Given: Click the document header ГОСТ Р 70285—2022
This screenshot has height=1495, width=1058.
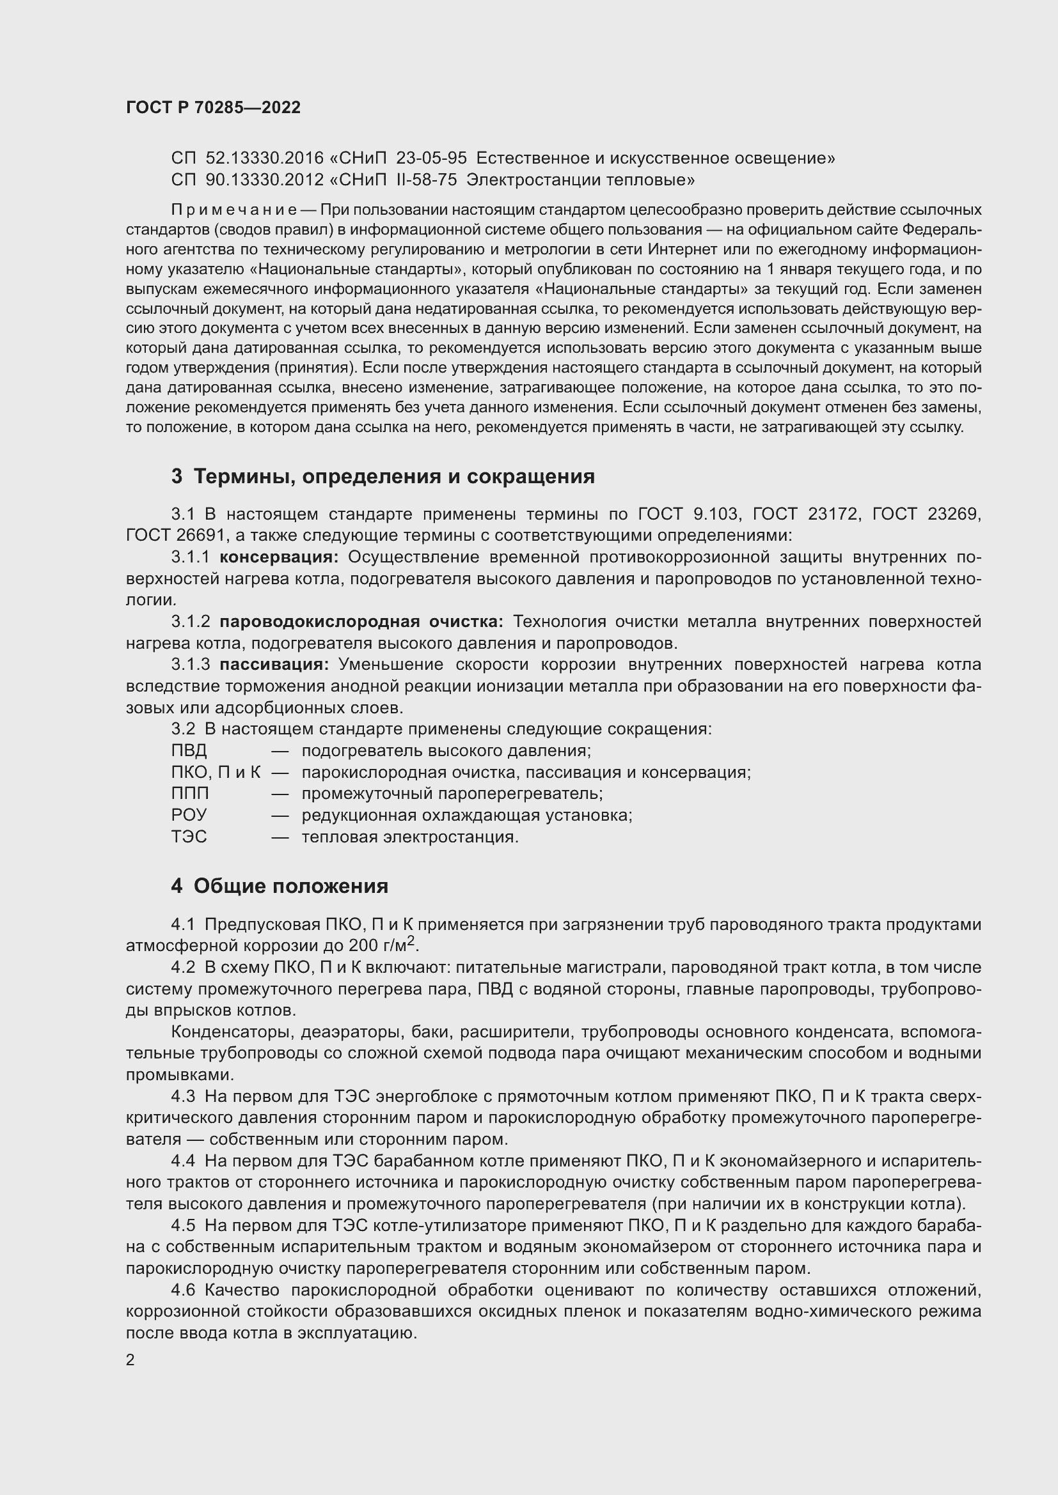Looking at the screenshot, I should [213, 108].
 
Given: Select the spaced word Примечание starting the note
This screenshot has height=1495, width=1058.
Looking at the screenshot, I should [234, 210].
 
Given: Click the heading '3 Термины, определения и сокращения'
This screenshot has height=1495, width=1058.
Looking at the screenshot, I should [383, 477].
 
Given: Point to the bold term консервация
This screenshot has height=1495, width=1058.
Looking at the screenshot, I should [279, 557].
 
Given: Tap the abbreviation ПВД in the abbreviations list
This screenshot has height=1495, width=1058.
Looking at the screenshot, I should [189, 751].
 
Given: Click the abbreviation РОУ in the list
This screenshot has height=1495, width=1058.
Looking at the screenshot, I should [189, 815].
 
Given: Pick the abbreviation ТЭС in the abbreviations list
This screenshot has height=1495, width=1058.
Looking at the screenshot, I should [189, 837].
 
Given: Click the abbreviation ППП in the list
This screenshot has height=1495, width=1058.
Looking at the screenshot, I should [190, 794].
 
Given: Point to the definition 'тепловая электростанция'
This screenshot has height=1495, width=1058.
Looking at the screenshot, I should [410, 837].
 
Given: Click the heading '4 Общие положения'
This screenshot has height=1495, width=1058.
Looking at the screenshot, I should [280, 886].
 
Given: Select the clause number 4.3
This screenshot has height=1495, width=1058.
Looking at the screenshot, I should [183, 1097].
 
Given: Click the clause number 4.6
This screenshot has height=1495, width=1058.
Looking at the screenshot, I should [183, 1290].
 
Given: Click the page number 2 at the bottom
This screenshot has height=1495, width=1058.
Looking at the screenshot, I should [130, 1360].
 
